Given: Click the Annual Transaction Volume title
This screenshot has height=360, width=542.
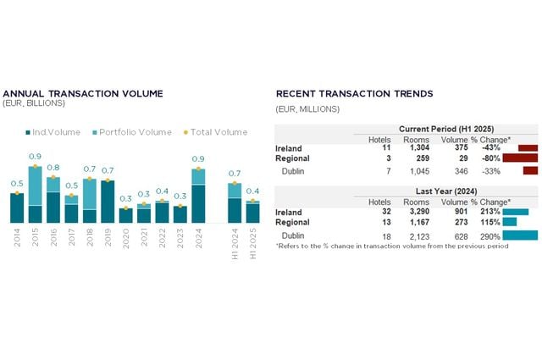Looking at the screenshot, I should pos(83,93).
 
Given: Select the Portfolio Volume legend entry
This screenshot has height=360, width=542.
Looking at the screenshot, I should pos(134,132).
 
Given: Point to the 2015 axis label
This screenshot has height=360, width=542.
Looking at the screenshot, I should pos(36,236).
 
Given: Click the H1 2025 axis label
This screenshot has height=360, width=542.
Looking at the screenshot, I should pos(252,240).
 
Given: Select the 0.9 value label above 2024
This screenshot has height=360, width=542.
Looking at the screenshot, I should pos(198,158).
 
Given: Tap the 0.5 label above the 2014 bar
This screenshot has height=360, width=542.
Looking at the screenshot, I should pos(17,183).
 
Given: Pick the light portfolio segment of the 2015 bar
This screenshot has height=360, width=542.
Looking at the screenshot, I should pos(36,186).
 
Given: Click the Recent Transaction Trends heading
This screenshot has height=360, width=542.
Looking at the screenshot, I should pos(354,93).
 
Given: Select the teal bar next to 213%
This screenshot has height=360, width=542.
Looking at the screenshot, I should pos(515,212).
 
